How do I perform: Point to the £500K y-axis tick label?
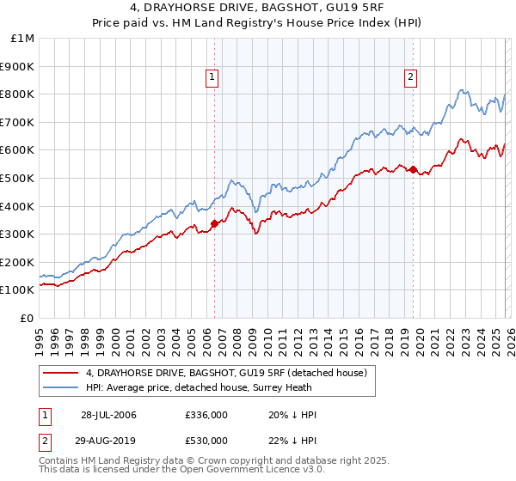pyautogui.click(x=18, y=179)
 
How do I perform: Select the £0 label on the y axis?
pyautogui.click(x=28, y=319)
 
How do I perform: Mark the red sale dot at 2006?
pyautogui.click(x=214, y=223)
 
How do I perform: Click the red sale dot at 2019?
pyautogui.click(x=413, y=169)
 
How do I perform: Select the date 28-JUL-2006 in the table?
pyautogui.click(x=108, y=416)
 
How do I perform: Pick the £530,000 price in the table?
pyautogui.click(x=206, y=441)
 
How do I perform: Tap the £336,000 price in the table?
pyautogui.click(x=206, y=416)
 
